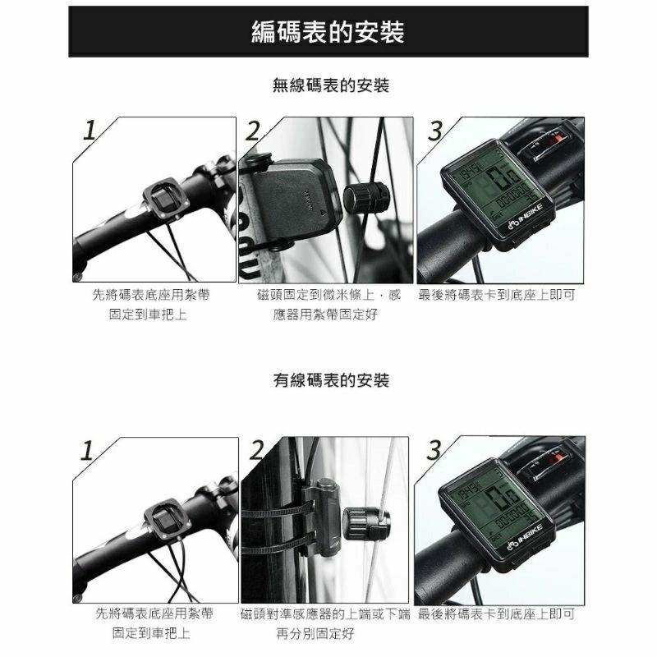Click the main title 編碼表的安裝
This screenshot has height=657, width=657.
pyautogui.click(x=328, y=32)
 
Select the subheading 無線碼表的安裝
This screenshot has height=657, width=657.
pyautogui.click(x=330, y=85)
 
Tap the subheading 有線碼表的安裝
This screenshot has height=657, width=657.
pyautogui.click(x=330, y=381)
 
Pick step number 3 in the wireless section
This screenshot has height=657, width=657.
pyautogui.click(x=436, y=131)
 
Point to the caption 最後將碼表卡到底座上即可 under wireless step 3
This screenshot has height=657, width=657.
pyautogui.click(x=496, y=295)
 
